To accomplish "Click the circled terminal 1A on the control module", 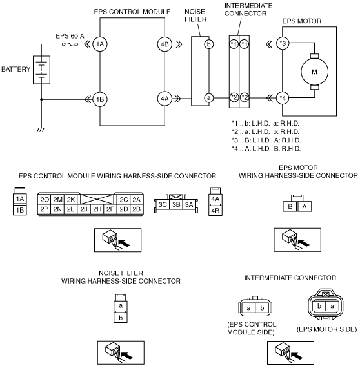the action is click(100, 44).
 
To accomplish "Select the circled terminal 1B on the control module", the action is click(100, 99).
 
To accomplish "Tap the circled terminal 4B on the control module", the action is click(165, 44).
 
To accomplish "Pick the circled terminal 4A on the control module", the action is click(165, 99).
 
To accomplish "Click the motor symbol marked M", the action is click(314, 72).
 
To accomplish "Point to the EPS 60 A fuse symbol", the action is click(70, 44).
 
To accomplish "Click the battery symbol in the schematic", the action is click(41, 70).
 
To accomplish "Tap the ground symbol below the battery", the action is click(41, 130).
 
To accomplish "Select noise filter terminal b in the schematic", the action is click(209, 44).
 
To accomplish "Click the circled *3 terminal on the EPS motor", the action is click(283, 43).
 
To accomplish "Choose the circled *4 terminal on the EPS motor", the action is click(283, 99).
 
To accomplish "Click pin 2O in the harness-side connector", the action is click(44, 200).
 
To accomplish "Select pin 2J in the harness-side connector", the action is click(84, 209).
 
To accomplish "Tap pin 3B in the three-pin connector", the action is click(176, 205).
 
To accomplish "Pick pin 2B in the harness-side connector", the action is click(137, 209).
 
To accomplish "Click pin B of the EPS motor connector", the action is click(290, 207).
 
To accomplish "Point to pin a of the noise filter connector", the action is click(121, 305).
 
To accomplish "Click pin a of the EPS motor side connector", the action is click(332, 306).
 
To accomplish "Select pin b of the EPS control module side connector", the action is click(262, 308).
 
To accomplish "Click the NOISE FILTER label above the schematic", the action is click(195, 15).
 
